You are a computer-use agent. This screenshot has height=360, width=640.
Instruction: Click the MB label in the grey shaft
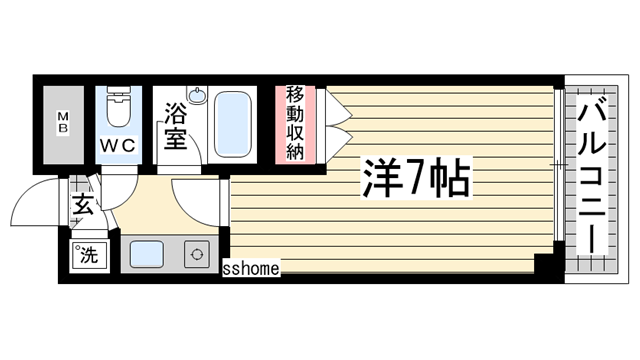[x=62, y=125]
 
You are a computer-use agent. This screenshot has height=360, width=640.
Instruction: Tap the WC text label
[x=117, y=144]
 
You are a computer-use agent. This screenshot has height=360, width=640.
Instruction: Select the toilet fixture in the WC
[x=119, y=109]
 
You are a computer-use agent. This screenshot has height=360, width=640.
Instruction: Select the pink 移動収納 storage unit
[x=295, y=124]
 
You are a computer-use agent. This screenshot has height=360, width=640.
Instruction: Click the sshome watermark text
[x=251, y=268]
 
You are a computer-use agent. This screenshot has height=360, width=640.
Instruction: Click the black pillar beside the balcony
[x=546, y=265]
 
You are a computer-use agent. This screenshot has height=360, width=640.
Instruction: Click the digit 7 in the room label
[x=412, y=180]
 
